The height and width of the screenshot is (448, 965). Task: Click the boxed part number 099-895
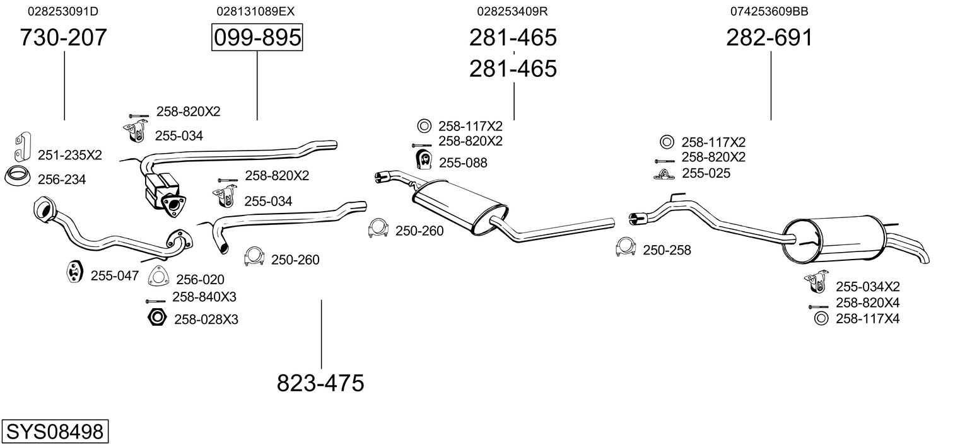pos(257,38)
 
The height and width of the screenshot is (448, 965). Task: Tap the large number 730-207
pos(63,38)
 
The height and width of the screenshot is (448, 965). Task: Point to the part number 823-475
pos(320,383)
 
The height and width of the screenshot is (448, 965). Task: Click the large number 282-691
pos(769,38)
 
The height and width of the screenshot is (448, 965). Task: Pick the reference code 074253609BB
pos(769,11)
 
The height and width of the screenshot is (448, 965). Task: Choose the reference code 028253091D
pos(63,11)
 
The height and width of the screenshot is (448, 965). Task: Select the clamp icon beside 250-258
pos(625,248)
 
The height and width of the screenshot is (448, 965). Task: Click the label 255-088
pos(463,163)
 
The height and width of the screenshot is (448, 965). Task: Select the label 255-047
pos(114,275)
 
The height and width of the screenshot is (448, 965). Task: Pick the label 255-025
pos(706,173)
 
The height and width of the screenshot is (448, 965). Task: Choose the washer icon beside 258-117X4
pos(821,319)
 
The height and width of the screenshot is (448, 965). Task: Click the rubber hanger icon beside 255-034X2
pos(816,283)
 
